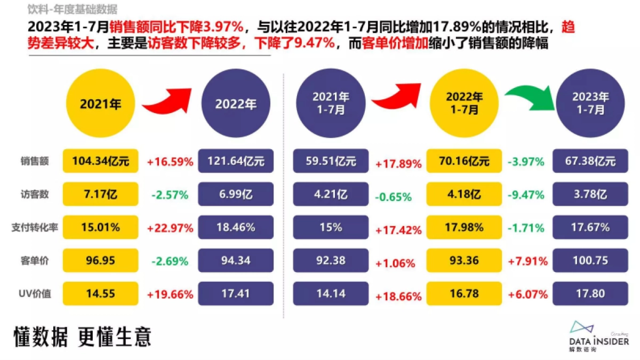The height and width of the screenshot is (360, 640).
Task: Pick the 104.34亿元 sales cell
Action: click(100, 161)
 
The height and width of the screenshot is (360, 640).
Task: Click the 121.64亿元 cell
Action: click(236, 161)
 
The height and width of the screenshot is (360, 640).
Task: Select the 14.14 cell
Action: click(331, 293)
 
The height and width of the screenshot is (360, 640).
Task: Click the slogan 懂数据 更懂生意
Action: click(83, 337)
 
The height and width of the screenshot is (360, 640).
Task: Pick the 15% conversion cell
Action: click(331, 227)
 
